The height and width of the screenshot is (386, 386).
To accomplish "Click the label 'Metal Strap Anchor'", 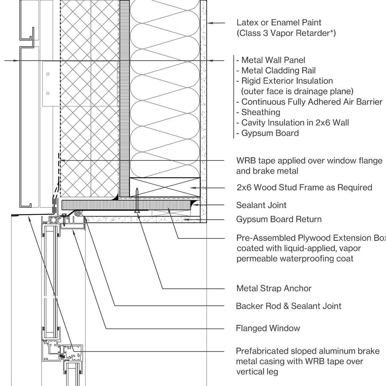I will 274,288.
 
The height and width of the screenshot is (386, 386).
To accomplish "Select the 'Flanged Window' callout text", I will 268,328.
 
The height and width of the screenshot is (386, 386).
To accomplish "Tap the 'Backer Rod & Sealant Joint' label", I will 289,306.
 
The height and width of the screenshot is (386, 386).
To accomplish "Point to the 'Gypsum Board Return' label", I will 279,219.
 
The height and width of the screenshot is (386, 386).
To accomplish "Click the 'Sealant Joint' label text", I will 261,205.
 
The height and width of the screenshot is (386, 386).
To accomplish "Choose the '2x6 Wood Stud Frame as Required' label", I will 304,188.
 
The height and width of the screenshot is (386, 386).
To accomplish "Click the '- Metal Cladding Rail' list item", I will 276,70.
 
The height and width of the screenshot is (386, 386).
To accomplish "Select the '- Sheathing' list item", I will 258,112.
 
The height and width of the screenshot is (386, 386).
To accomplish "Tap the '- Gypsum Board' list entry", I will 268,133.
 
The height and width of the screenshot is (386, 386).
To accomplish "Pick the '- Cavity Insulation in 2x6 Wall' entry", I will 293,123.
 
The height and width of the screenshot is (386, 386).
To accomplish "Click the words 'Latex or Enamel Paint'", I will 279,23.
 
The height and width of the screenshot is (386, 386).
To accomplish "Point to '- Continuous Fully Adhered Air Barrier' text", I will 309,102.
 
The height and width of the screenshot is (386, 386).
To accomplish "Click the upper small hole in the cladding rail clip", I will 48,74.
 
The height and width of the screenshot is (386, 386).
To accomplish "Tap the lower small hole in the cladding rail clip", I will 48,93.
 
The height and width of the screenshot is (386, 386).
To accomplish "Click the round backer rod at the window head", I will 78,213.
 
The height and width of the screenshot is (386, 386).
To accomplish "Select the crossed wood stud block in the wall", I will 165,187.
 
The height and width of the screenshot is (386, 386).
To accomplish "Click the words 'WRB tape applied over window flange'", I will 309,161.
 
